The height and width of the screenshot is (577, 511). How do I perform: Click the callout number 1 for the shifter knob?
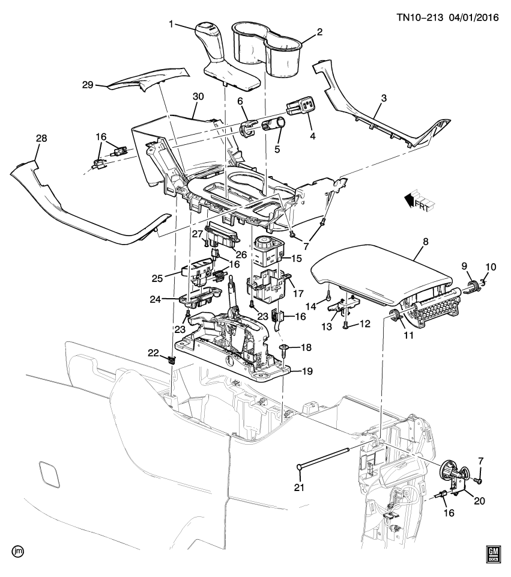(171, 25)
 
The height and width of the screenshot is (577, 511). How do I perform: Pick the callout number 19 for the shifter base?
(306, 372)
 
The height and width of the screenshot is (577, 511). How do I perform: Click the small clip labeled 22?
(172, 360)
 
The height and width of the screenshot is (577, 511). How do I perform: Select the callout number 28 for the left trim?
(41, 139)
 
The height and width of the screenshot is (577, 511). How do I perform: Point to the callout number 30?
(198, 96)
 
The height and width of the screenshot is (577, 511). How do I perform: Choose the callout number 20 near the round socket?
(479, 499)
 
